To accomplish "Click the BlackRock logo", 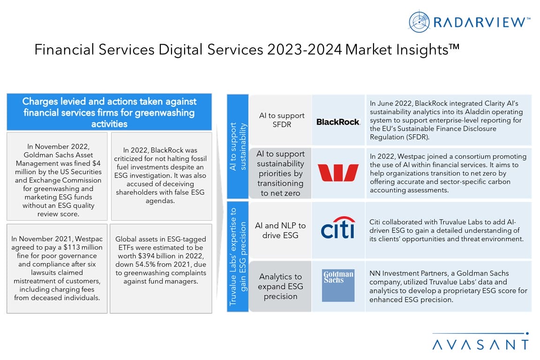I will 338,122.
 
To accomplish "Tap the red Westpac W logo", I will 338,172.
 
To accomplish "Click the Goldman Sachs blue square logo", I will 338,285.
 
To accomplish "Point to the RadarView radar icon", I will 419,22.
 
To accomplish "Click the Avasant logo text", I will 480,344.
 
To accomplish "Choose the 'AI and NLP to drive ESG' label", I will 280,230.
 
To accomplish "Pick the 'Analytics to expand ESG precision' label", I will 280,286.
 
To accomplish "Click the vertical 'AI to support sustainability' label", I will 237,146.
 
